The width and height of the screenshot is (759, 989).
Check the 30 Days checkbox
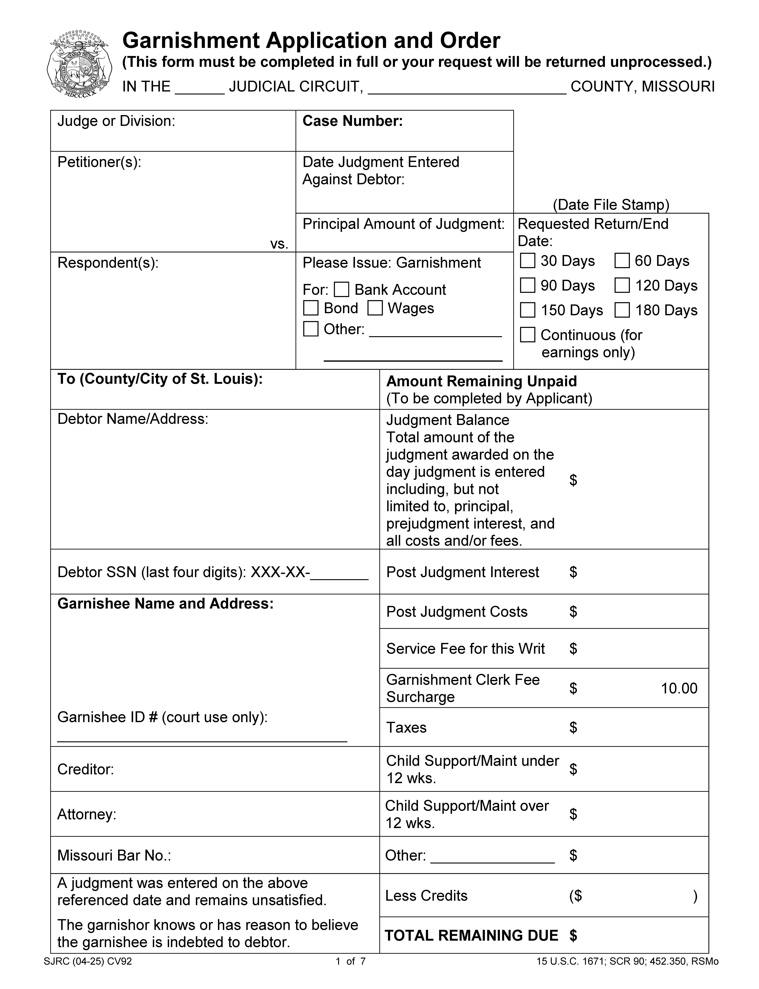pyautogui.click(x=528, y=261)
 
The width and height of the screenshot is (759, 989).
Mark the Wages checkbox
pyautogui.click(x=375, y=308)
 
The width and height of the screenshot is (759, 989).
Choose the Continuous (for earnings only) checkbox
pyautogui.click(x=528, y=335)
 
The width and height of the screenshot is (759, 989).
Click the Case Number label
pyautogui.click(x=352, y=121)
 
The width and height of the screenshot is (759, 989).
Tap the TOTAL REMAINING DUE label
pyautogui.click(x=471, y=936)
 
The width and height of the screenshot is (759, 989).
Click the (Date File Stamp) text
pyautogui.click(x=611, y=205)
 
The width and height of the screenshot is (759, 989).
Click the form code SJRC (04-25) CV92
pyautogui.click(x=88, y=961)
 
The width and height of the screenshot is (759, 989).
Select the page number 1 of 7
pyautogui.click(x=351, y=961)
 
